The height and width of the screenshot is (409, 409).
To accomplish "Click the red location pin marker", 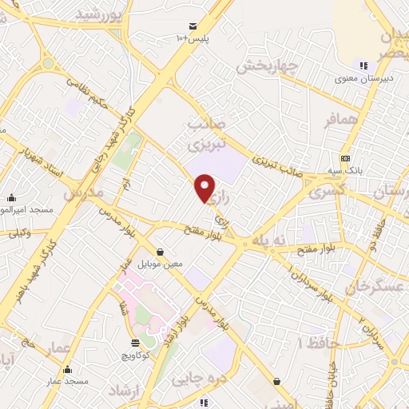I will click(x=205, y=189).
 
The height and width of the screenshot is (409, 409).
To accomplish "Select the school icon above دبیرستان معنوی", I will click(x=364, y=66).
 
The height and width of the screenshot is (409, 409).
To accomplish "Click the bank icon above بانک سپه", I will click(x=345, y=158).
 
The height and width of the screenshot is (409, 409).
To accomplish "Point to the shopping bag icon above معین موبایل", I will click(x=161, y=251).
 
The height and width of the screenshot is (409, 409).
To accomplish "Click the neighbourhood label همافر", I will click(x=317, y=121).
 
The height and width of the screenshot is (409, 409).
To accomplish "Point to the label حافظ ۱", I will click(x=316, y=343).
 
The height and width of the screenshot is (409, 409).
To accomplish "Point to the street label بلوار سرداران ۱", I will click(x=320, y=284).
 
